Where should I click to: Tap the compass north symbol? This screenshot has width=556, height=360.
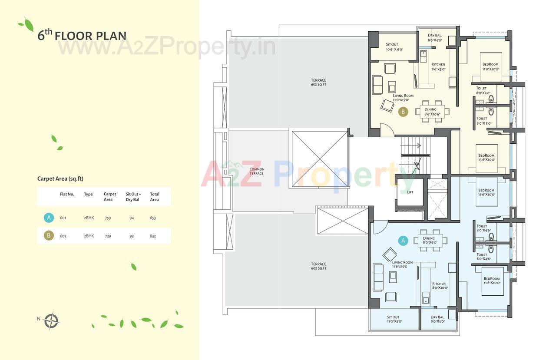[x=51, y=321]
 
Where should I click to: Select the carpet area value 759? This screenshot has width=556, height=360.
[x=108, y=218]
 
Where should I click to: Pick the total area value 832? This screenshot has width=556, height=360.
[x=152, y=236]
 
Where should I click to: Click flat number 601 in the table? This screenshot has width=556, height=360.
[x=63, y=218]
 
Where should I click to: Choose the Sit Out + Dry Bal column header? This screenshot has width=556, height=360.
[x=133, y=197]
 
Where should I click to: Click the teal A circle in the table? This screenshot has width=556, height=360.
[x=49, y=218]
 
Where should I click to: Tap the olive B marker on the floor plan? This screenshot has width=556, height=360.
[x=403, y=112]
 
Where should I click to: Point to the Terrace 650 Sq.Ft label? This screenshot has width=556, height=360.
[x=318, y=82]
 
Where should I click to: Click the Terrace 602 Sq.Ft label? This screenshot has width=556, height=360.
[x=318, y=266]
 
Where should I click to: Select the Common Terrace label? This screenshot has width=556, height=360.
[x=257, y=171]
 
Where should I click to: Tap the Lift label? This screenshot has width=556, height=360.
[x=410, y=192]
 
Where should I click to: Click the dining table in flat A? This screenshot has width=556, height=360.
[x=429, y=240]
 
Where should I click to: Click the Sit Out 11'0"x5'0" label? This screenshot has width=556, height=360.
[x=393, y=319]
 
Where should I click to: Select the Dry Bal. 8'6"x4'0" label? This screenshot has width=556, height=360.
[x=435, y=38]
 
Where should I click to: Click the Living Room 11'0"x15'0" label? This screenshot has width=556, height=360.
[x=403, y=97]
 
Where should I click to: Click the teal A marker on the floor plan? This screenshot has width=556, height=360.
[x=403, y=240]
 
